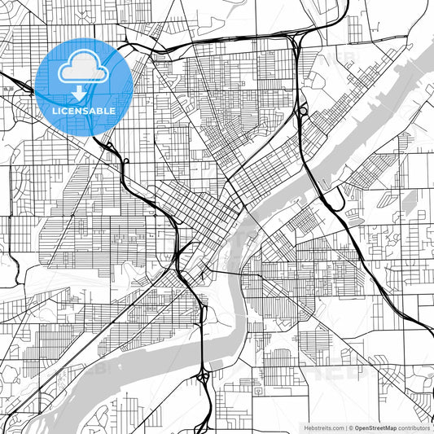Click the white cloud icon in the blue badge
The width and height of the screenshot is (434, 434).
[84, 72]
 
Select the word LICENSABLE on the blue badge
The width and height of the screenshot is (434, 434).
[84, 111]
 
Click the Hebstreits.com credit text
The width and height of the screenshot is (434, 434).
[324, 427]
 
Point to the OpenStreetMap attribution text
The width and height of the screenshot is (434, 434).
[375, 427]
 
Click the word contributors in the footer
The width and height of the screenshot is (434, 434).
[414, 427]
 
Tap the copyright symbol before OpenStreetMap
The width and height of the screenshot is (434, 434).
[350, 427]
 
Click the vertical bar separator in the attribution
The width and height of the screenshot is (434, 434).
[345, 427]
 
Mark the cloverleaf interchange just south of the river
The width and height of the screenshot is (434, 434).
[201, 375]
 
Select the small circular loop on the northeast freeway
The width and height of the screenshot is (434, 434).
[302, 109]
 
